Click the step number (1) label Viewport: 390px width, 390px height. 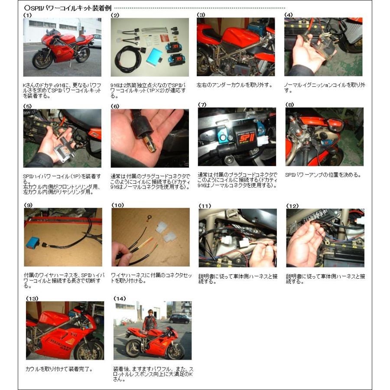click(27, 15)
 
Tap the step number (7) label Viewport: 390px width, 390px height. click(202, 105)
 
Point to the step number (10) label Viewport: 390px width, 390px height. click(117, 205)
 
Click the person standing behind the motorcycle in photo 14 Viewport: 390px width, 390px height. click(149, 321)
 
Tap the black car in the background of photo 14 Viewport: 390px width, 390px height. click(179, 319)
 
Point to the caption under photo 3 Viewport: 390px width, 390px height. click(234, 85)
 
